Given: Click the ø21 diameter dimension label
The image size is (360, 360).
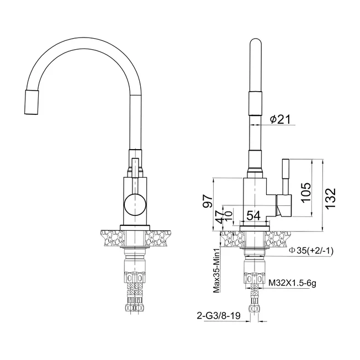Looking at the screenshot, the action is [x=280, y=119].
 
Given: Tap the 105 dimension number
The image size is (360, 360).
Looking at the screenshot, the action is [x=306, y=192].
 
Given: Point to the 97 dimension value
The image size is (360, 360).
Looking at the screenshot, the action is [x=208, y=201].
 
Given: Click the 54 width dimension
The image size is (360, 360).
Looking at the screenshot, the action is [x=253, y=215].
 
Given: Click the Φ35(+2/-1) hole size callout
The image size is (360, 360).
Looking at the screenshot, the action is [x=311, y=251].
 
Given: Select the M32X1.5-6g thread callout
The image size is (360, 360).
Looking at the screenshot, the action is [x=293, y=283].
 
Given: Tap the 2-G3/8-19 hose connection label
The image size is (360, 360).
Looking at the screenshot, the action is [x=219, y=316].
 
